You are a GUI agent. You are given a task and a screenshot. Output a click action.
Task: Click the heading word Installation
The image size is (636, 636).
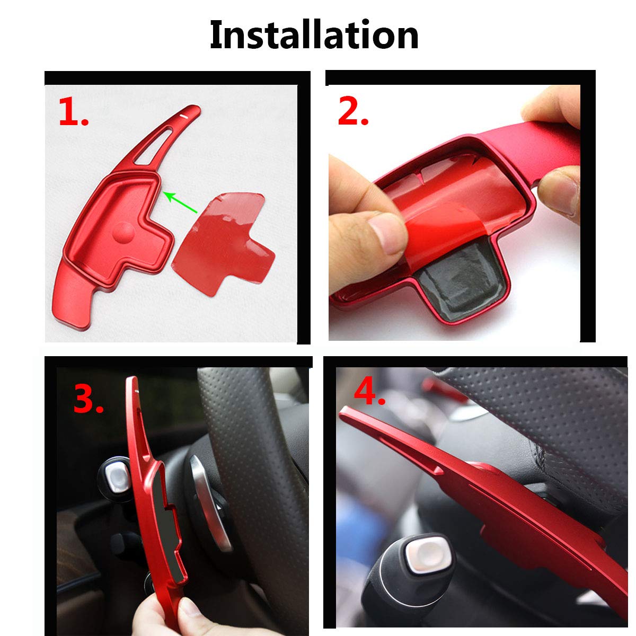(314, 34)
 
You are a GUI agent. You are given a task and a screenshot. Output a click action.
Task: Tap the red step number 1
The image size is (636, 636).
(73, 112)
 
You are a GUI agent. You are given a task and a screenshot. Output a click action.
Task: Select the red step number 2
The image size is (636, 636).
(353, 111)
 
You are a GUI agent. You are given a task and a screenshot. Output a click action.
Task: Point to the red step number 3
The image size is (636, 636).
(89, 399)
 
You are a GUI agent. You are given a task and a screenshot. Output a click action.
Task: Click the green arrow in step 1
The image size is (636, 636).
(180, 202)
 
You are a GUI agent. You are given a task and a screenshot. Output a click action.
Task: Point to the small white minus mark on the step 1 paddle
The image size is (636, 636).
(184, 116)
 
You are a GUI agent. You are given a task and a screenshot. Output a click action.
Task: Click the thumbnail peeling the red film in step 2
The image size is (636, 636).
(387, 232)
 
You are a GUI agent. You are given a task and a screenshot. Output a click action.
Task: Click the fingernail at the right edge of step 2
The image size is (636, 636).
(560, 196)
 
